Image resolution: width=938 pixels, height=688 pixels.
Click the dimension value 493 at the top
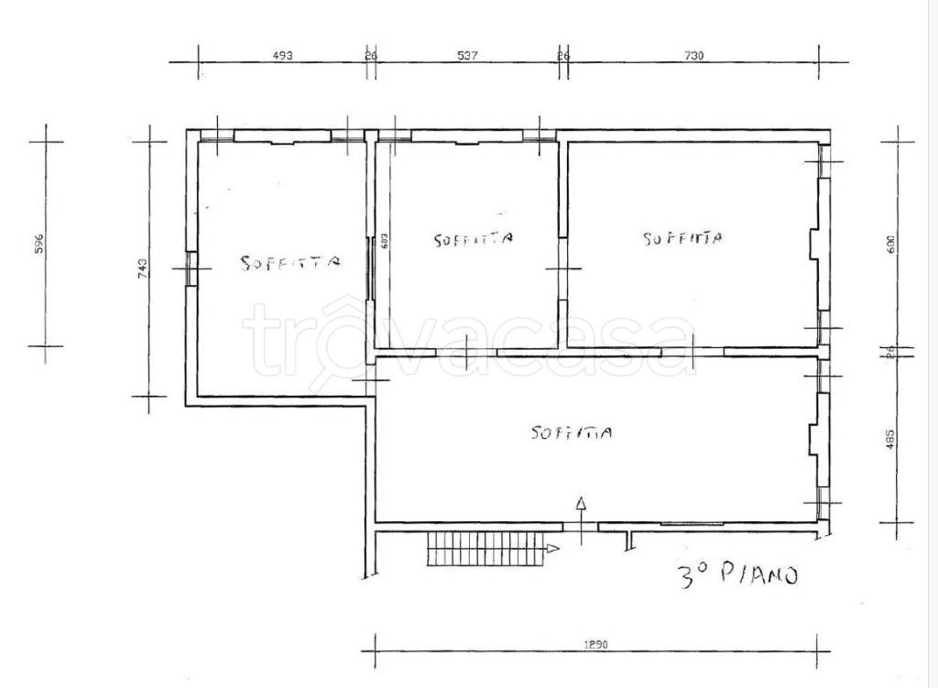tap(283, 56)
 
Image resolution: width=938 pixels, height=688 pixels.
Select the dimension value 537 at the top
tap(468, 56)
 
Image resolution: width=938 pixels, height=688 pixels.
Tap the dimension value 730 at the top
tap(693, 56)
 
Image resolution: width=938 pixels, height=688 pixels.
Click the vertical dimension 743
tap(142, 268)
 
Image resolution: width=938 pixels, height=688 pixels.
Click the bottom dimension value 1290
tap(595, 645)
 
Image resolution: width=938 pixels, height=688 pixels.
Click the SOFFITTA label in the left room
tap(290, 262)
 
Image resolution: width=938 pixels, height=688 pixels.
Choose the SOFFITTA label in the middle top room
tap(474, 239)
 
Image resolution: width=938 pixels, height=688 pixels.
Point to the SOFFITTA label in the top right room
tap(682, 239)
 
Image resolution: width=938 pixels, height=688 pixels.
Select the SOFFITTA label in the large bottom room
tap(572, 431)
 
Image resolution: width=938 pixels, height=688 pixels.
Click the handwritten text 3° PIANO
tap(738, 575)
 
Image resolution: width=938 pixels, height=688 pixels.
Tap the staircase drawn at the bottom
tap(486, 549)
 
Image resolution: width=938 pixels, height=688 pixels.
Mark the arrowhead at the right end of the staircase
tap(553, 548)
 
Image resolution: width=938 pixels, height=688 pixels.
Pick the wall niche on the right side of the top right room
tap(814, 244)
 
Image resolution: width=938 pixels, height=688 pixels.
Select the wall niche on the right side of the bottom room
tap(813, 440)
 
